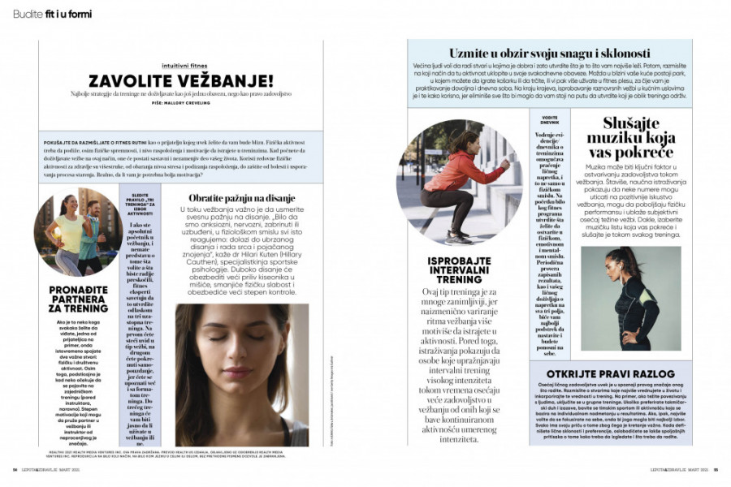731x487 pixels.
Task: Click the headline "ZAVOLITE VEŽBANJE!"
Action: pos(181,80)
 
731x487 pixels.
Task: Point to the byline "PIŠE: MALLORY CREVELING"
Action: pos(181,104)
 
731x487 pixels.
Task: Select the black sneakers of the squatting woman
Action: pos(459,236)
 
